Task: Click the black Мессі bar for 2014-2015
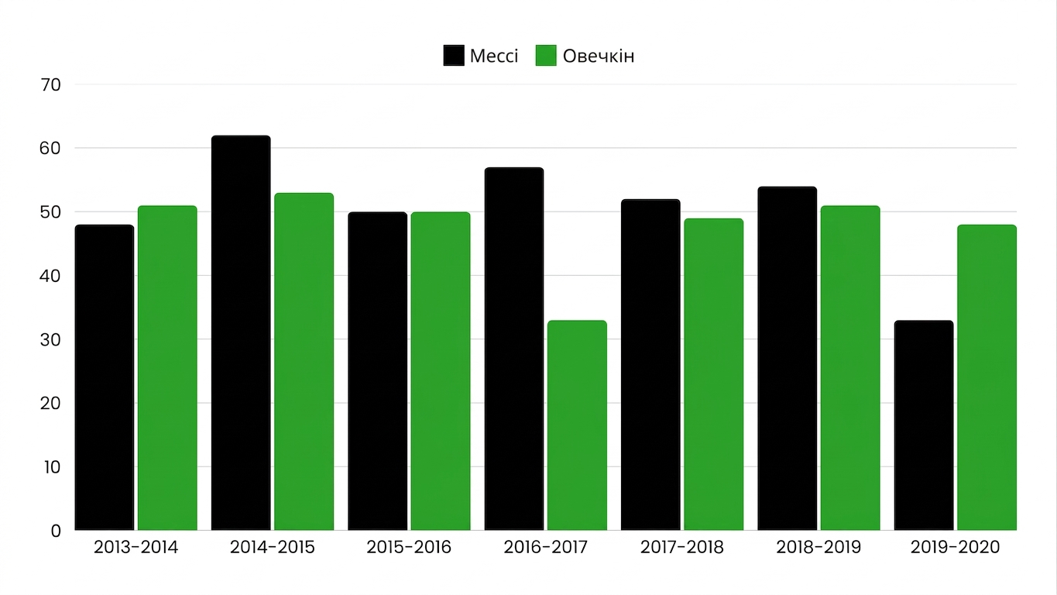241,333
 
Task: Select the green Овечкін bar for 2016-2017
577,425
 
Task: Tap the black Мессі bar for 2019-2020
924,425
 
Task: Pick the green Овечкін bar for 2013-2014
167,368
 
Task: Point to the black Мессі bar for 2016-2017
514,349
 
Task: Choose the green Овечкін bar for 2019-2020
987,378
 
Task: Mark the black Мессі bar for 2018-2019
788,359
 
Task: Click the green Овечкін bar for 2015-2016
441,371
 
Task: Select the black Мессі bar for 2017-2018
650,365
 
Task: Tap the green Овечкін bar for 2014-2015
304,362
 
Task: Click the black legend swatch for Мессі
454,56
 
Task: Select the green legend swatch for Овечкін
546,56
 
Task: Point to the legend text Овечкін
599,57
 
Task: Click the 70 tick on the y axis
51,85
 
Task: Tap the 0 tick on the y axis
57,531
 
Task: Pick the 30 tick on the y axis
50,340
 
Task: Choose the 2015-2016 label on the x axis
409,547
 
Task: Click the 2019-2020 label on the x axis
955,547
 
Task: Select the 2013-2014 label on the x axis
136,547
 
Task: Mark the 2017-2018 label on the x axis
682,547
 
